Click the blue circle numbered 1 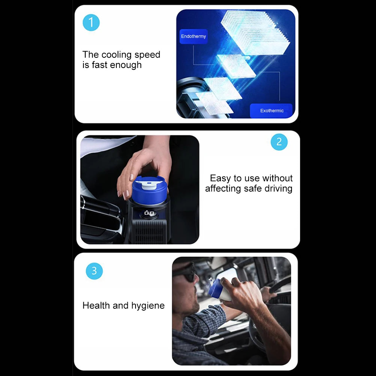tap(91, 23)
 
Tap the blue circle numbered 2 tap(279, 142)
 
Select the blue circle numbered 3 tap(94, 271)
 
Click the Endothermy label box tap(193, 36)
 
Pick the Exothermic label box tap(272, 110)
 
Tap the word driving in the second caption tap(278, 189)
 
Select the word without tap(278, 178)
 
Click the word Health tap(96, 305)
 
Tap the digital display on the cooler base tap(149, 213)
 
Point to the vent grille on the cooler tap(149, 231)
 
